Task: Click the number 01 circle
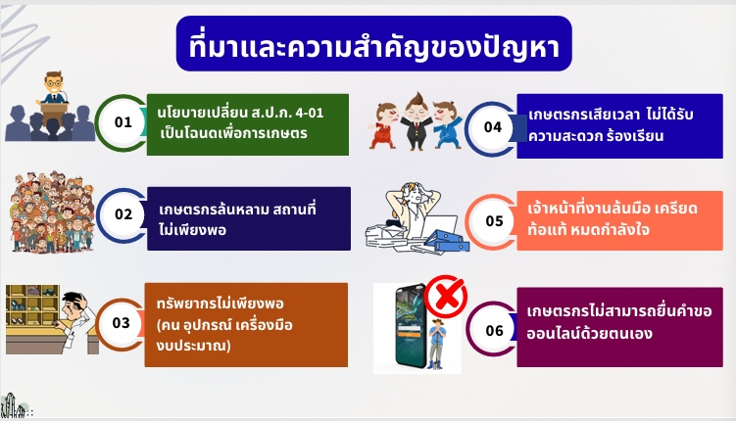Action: point(123,122)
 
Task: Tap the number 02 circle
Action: point(123,214)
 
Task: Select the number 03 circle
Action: point(122,323)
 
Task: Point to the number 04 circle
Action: point(493,127)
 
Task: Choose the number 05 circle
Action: point(494,221)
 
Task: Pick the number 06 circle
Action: point(494,331)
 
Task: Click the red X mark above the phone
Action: point(446,297)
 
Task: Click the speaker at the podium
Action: point(54,89)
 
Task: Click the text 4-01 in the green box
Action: point(310,113)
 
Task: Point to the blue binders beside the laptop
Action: point(448,241)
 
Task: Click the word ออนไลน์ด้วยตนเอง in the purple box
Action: point(590,334)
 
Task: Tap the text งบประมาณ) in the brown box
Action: point(194,347)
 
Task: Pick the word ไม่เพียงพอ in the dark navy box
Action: point(192,231)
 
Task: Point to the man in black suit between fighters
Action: point(416,121)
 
